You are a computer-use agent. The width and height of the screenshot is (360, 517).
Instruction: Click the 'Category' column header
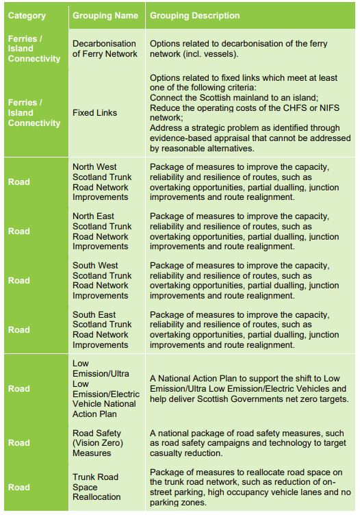pos(28,16)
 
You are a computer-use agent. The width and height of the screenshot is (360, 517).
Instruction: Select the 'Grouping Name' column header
pos(105,16)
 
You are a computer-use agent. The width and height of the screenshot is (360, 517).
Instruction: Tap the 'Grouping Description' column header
pos(195,16)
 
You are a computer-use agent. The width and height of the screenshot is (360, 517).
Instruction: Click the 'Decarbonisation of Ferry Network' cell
pos(105,49)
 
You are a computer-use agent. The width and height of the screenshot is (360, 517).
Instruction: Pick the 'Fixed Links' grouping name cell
pos(94,112)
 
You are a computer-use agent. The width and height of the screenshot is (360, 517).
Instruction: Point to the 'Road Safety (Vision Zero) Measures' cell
pos(97,442)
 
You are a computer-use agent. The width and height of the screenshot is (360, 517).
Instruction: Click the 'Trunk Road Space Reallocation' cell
pos(96,486)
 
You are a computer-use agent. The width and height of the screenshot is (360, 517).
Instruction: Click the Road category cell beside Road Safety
pos(19,442)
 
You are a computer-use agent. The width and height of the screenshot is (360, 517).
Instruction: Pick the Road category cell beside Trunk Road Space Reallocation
pos(19,487)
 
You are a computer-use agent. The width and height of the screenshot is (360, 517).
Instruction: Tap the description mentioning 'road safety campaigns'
pos(248,443)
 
